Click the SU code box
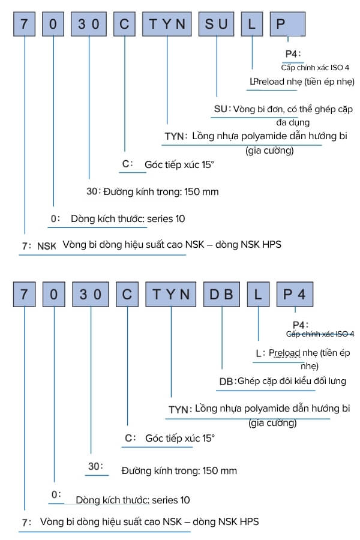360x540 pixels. (x=217, y=24)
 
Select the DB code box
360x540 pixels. (x=221, y=295)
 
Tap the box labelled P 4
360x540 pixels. (x=295, y=295)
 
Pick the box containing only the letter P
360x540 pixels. (x=287, y=24)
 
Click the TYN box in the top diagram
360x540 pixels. (x=167, y=24)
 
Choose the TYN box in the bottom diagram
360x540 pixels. (x=171, y=295)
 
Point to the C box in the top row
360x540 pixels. (x=124, y=24)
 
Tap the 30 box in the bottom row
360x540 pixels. (x=91, y=295)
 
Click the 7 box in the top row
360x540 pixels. (x=25, y=24)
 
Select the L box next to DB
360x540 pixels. (x=259, y=295)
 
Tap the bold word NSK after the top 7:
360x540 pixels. (x=47, y=246)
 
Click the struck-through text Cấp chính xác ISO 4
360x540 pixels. (x=320, y=334)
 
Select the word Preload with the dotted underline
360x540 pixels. (x=284, y=353)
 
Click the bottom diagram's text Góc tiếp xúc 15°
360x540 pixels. (x=180, y=439)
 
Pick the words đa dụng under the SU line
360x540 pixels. (x=293, y=122)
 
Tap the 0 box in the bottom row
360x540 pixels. (x=54, y=295)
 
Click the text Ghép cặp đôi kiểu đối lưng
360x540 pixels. (x=292, y=381)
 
